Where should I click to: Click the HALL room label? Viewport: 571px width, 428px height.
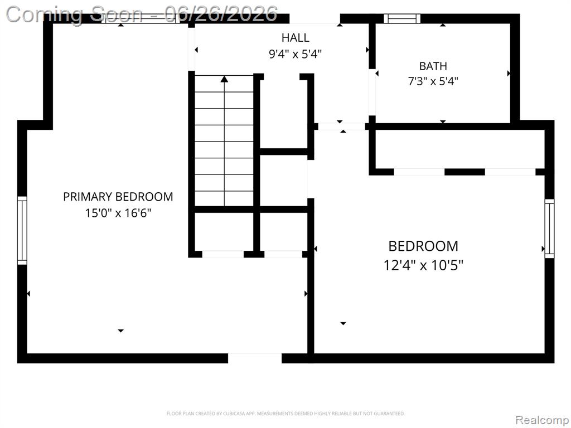[296, 37]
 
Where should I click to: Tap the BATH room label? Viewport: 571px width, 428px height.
[433, 66]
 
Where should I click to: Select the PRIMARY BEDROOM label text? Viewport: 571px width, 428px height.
[118, 197]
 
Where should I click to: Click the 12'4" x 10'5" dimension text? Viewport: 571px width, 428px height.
[423, 265]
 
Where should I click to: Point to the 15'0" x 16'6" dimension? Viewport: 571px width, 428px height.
[118, 212]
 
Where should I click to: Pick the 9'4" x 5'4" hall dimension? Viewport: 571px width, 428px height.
[296, 54]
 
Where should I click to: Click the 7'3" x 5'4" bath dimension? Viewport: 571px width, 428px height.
[433, 81]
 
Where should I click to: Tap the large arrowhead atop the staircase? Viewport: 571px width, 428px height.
[224, 79]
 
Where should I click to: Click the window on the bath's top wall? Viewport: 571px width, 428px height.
[402, 18]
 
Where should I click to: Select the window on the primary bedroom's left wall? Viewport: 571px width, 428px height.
[22, 230]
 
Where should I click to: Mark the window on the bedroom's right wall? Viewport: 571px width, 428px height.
[549, 228]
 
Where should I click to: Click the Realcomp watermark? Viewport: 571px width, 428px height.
[541, 420]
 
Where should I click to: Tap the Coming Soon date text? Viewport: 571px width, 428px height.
[142, 14]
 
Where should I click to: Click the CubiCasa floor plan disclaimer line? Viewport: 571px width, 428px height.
[285, 414]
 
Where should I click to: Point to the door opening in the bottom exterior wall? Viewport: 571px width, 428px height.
[255, 358]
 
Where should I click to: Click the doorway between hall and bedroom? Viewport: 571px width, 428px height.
[342, 127]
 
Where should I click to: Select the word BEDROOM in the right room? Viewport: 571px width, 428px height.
[423, 246]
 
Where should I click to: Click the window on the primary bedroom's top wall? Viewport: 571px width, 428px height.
[140, 19]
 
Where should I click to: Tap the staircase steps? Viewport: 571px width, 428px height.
[224, 140]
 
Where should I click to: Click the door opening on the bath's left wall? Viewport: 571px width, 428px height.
[372, 92]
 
